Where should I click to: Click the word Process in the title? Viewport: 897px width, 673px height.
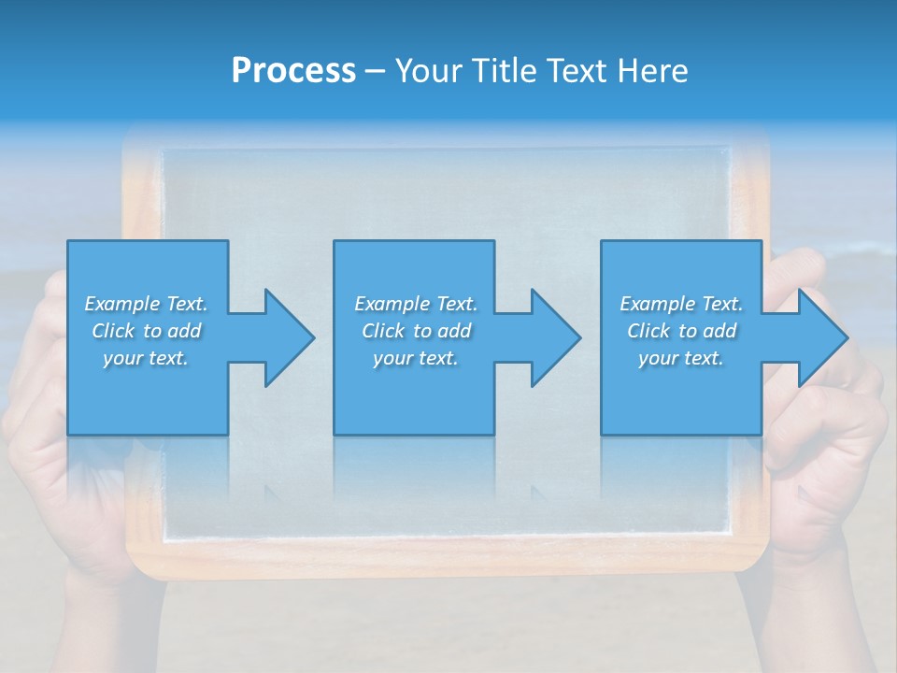pos(293,71)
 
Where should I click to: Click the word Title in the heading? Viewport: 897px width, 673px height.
pos(505,71)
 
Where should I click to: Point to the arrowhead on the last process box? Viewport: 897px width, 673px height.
pos(821,337)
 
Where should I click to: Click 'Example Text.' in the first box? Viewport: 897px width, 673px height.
pos(146,304)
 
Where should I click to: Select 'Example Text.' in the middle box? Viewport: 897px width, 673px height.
pos(416,304)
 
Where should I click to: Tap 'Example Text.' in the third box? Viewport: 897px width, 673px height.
pos(681,304)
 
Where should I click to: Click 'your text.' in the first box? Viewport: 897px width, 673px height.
pos(146,358)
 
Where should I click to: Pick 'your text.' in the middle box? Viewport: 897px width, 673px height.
pos(416,358)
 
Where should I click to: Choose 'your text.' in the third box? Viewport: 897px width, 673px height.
pos(681,358)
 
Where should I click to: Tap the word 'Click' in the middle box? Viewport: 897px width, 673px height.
pos(383,331)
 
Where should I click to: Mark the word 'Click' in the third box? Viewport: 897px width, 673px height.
pos(648,331)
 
